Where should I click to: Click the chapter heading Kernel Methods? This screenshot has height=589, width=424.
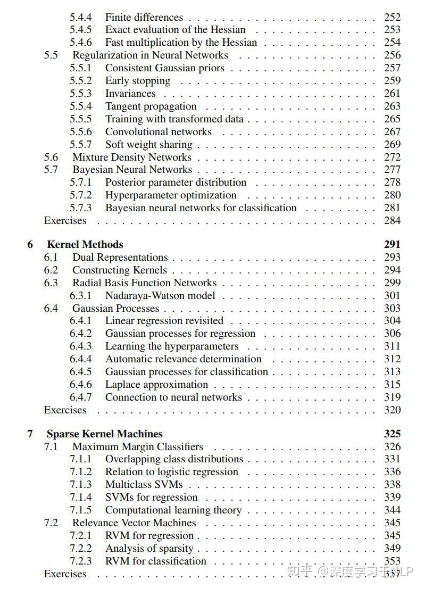[x=85, y=244]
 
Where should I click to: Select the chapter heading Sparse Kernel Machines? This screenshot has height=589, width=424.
[x=104, y=434]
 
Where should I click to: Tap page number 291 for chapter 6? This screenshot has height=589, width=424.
[x=392, y=244]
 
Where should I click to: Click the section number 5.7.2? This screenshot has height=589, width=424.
[x=80, y=195]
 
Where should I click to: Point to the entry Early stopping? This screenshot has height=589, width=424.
[x=138, y=81]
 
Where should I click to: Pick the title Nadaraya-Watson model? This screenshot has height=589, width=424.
[x=160, y=295]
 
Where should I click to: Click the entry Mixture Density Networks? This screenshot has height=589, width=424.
[x=132, y=157]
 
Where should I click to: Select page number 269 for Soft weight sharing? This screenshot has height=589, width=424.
[x=393, y=144]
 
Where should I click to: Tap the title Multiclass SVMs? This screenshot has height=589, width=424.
[x=144, y=484]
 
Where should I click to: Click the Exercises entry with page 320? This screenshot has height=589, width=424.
[x=65, y=410]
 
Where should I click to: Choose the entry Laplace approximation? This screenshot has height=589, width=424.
[x=156, y=384]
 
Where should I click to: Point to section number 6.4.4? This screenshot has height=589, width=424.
[x=80, y=359]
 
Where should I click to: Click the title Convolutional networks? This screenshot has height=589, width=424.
[x=159, y=131]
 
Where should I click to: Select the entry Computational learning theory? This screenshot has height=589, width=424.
[x=173, y=510]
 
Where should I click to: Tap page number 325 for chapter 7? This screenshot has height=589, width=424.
[x=392, y=434]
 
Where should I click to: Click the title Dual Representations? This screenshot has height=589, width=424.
[x=120, y=257]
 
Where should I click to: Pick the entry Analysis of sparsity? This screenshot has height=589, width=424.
[x=149, y=548]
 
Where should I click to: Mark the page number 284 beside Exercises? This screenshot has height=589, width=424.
[x=393, y=220]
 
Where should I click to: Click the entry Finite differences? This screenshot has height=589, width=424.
[x=144, y=17]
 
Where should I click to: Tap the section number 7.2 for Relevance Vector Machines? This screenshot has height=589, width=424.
[x=51, y=522]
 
